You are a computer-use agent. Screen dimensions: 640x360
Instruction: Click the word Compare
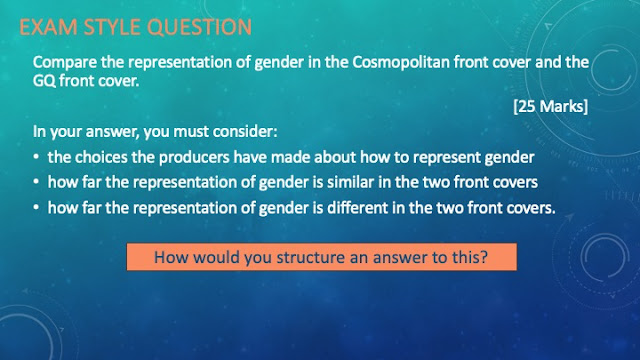click(64, 62)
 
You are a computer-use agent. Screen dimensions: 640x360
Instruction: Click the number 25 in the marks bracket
click(527, 106)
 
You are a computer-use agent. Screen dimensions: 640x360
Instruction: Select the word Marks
click(562, 106)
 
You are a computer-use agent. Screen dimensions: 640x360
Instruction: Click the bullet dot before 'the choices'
click(36, 157)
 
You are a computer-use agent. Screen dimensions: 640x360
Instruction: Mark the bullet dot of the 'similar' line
click(36, 182)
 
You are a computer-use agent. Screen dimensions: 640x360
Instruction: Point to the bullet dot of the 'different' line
click(36, 208)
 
